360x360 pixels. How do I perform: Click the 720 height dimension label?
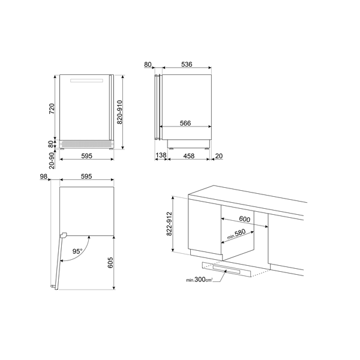(52, 109)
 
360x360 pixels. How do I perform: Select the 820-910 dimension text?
(121, 112)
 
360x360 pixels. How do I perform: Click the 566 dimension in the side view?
(185, 123)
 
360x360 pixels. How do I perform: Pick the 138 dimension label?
(160, 156)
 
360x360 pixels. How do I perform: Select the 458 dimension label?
(188, 156)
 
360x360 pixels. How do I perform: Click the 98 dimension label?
(43, 176)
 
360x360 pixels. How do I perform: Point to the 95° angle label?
(77, 251)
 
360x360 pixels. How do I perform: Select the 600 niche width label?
(244, 220)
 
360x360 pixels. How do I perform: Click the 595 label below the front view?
(86, 156)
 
